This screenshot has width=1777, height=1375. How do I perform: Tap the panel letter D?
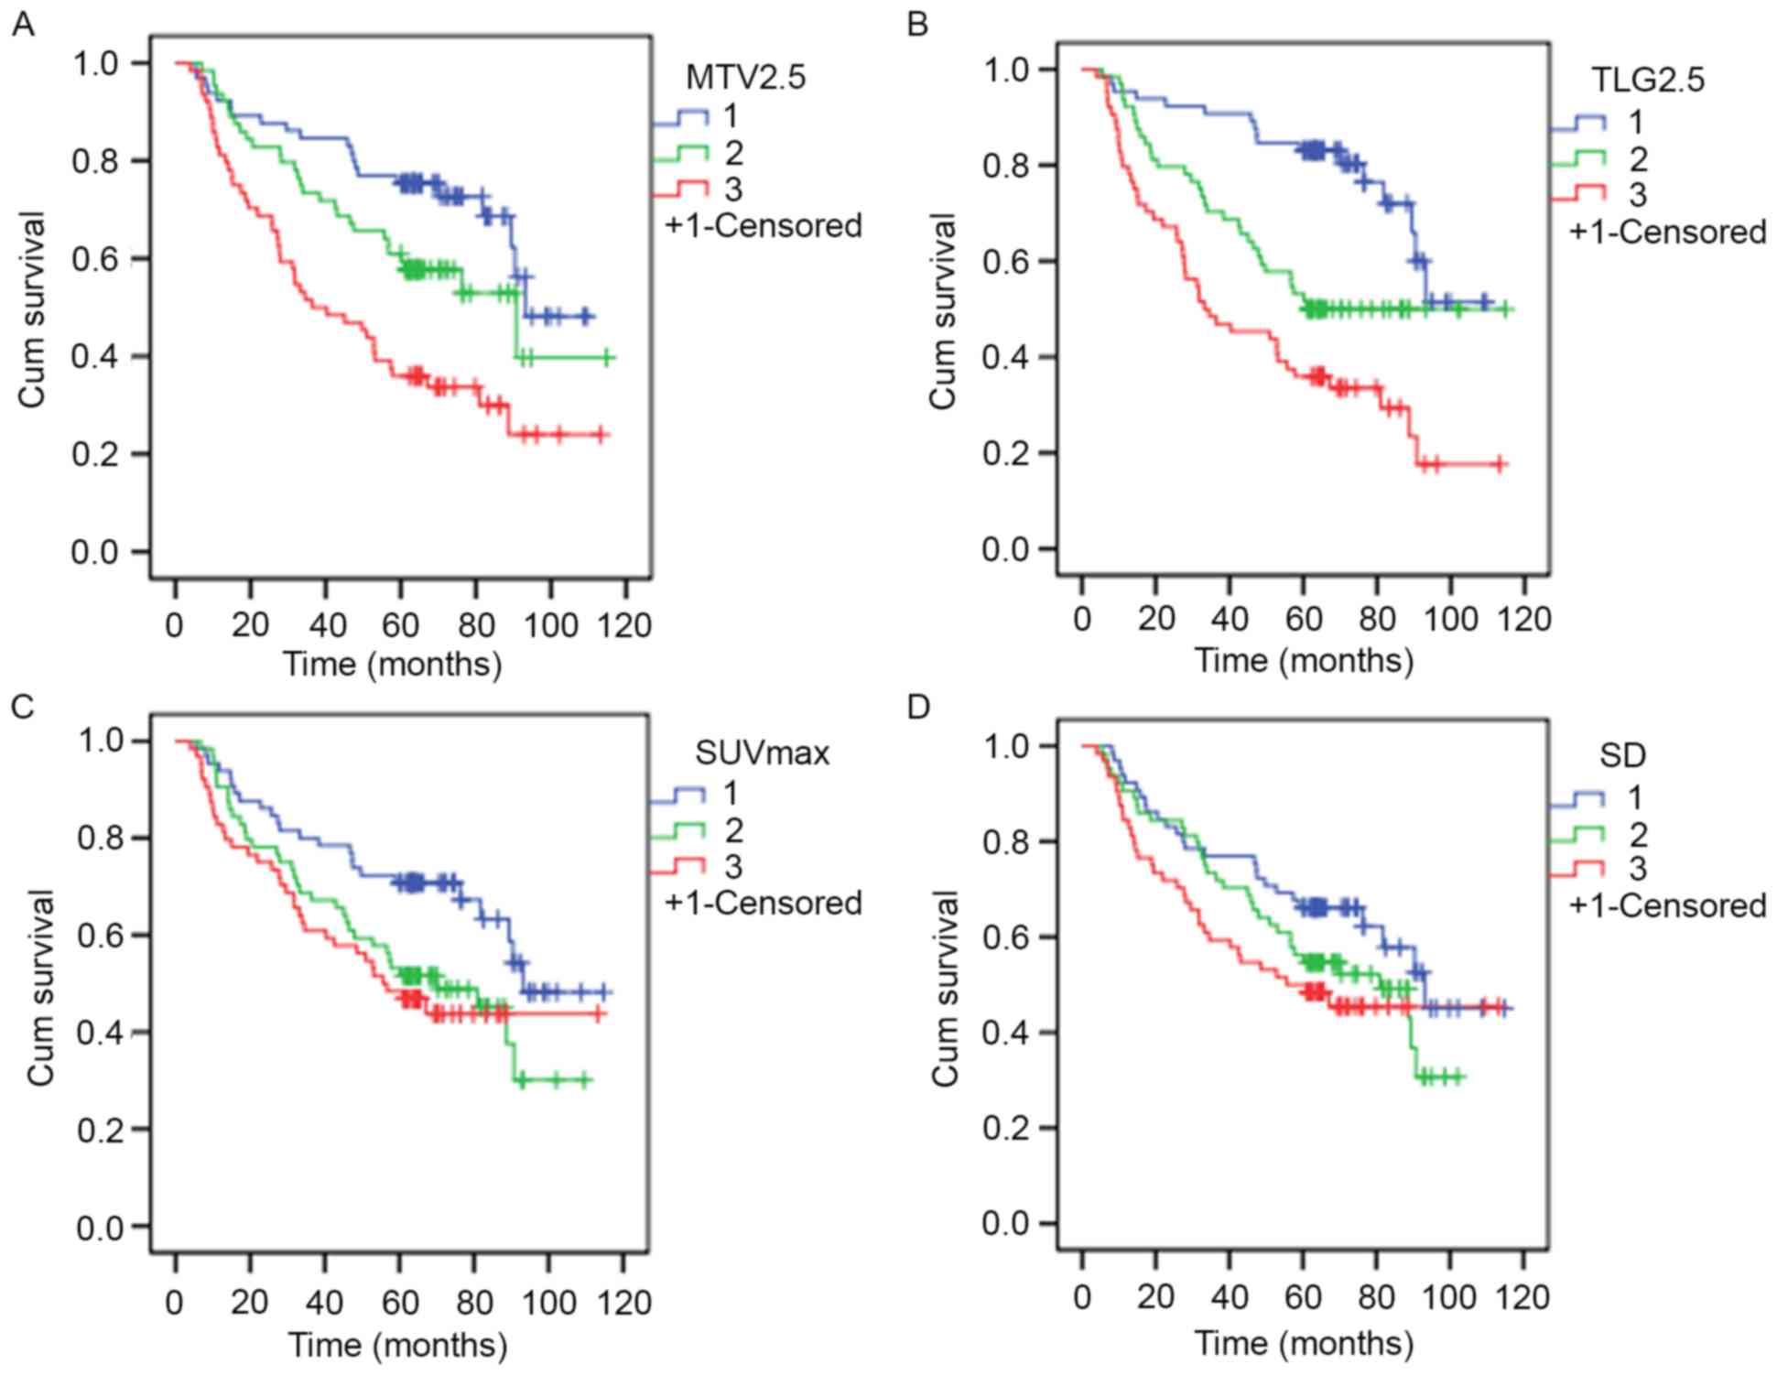pyautogui.click(x=917, y=708)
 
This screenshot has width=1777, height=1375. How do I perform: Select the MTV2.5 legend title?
pyautogui.click(x=745, y=78)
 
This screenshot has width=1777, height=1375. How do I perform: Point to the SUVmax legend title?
pyautogui.click(x=762, y=753)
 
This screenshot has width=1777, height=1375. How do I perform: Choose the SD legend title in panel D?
pyautogui.click(x=1622, y=755)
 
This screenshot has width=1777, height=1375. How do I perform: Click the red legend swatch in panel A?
pyautogui.click(x=680, y=189)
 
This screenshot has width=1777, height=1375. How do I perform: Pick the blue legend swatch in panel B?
pyautogui.click(x=1577, y=123)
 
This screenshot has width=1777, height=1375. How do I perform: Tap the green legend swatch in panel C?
pyautogui.click(x=677, y=830)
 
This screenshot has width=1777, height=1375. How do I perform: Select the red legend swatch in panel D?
pyautogui.click(x=1577, y=868)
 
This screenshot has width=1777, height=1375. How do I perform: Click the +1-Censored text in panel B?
pyautogui.click(x=1667, y=233)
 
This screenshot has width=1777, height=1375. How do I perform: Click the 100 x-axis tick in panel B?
pyautogui.click(x=1450, y=620)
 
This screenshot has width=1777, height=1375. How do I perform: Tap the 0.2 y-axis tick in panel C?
pyautogui.click(x=101, y=1130)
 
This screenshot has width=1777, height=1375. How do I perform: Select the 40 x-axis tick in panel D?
pyautogui.click(x=1230, y=1297)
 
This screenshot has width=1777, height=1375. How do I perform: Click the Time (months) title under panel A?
pyautogui.click(x=392, y=664)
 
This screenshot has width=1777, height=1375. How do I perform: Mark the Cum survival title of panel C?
pyautogui.click(x=39, y=988)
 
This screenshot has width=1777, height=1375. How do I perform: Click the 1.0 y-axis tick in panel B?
pyautogui.click(x=1006, y=70)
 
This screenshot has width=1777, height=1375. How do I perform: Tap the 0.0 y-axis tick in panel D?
pyautogui.click(x=1006, y=1224)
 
